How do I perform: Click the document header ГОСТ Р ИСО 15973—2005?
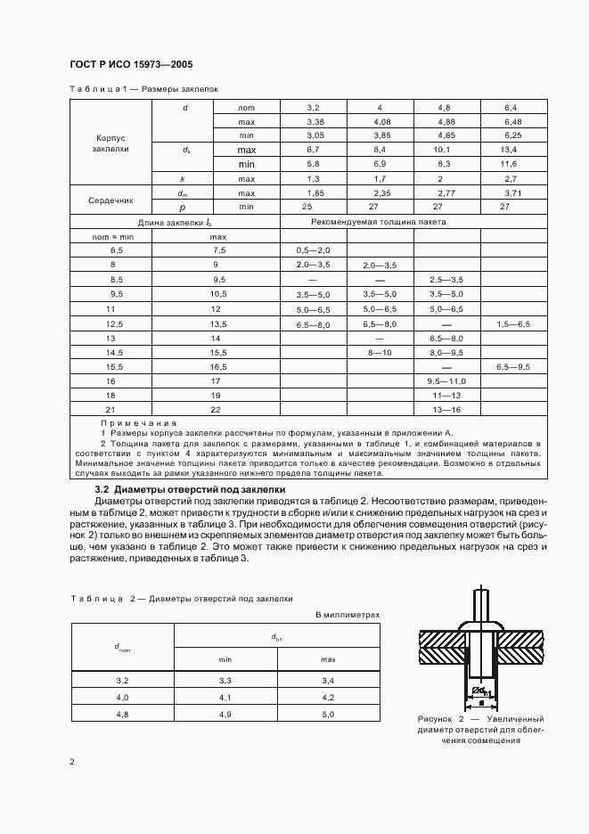point(130,65)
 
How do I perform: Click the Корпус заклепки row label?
point(110,143)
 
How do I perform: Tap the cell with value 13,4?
point(511,151)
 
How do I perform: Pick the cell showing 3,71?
point(511,192)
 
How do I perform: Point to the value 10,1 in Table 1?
point(446,151)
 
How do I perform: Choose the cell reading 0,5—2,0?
point(313,251)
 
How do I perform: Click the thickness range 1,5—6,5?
point(512,323)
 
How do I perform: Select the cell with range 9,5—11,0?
point(446,380)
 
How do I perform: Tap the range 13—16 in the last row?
point(446,409)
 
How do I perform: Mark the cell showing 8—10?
point(380,352)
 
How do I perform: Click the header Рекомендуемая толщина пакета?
point(379,221)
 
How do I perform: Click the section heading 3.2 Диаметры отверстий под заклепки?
point(189,489)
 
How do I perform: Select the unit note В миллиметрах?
point(348,615)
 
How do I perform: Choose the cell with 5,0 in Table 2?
point(328,715)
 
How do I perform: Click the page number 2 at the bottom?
point(71,762)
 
